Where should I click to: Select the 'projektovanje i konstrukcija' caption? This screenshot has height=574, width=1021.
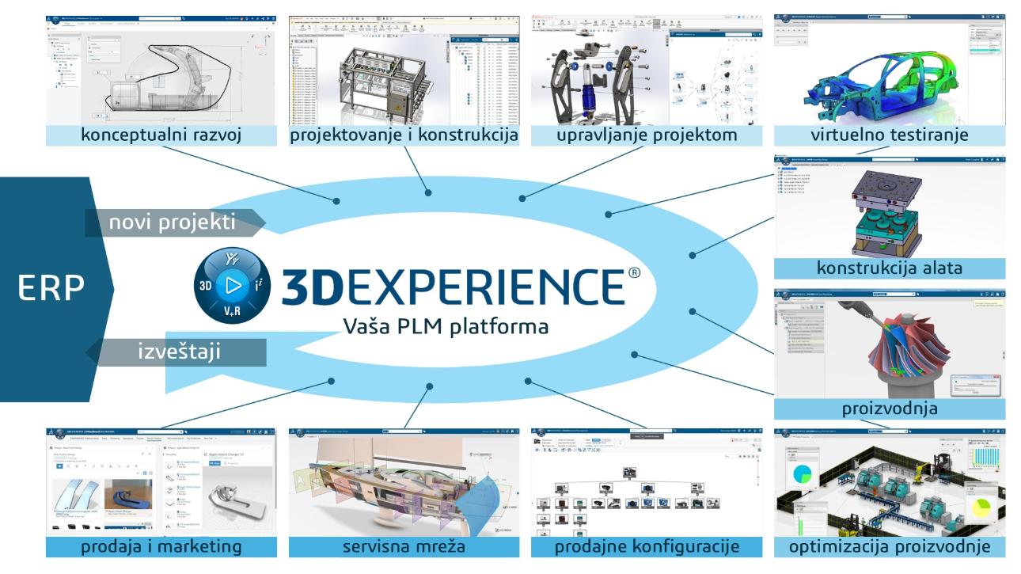pyautogui.click(x=404, y=135)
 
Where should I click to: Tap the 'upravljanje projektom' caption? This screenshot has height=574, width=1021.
pyautogui.click(x=646, y=135)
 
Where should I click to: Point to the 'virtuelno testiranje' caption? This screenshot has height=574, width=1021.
pyautogui.click(x=890, y=135)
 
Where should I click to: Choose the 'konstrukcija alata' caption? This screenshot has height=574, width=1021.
pyautogui.click(x=890, y=268)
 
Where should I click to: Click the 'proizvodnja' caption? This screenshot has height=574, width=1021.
pyautogui.click(x=890, y=409)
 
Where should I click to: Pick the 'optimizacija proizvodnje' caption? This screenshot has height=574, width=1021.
pyautogui.click(x=890, y=547)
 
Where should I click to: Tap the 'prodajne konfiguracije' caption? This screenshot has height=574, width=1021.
pyautogui.click(x=646, y=547)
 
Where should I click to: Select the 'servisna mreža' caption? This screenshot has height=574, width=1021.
pyautogui.click(x=404, y=547)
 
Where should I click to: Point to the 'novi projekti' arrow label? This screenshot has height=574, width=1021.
pyautogui.click(x=173, y=223)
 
